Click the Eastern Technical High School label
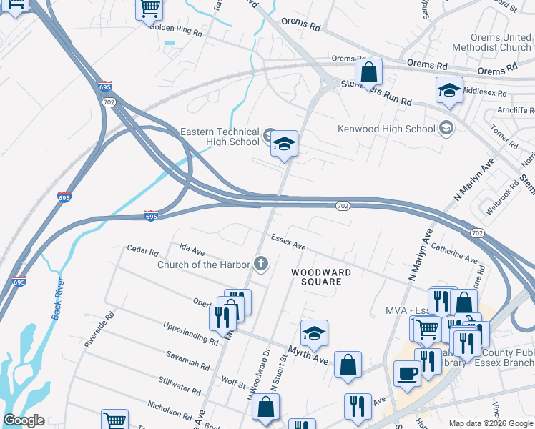coord(220,137)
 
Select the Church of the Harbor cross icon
coord(261,265)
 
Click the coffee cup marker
coord(407,373)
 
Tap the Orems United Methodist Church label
coord(501,42)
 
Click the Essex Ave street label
coord(288,242)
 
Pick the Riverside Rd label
coord(99,329)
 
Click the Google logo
coord(24,420)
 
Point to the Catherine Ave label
coord(453,252)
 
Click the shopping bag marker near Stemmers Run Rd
coord(368,72)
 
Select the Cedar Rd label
coord(142,250)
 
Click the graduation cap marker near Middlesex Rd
coord(448,90)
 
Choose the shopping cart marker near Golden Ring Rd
coord(149,9)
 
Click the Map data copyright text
coord(490,423)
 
